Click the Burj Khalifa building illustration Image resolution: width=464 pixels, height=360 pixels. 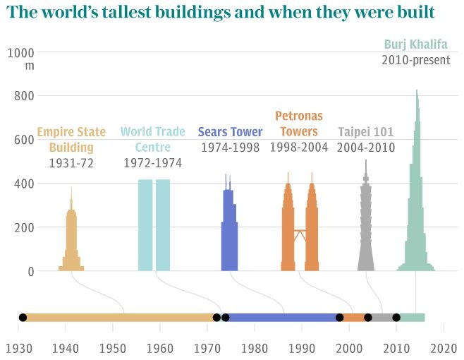coord(416,212)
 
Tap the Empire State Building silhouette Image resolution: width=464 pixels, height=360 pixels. coord(71,240)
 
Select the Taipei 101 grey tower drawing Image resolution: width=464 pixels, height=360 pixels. coord(365,226)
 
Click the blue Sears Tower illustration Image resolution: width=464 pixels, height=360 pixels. coord(228,233)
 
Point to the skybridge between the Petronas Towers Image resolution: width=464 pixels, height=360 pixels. coord(300,232)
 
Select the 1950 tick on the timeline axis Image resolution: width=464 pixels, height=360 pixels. coord(112,347)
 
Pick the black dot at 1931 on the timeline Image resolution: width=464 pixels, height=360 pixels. coord(23,318)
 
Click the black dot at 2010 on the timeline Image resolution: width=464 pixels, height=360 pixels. coord(396,318)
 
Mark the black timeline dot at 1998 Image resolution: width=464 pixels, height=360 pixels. coord(340,318)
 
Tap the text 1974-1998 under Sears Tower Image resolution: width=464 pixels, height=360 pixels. coord(230,148)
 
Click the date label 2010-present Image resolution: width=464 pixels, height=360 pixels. coord(415,60)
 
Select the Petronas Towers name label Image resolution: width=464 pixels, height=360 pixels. coord(299,123)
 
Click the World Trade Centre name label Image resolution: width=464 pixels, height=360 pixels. coord(152,139)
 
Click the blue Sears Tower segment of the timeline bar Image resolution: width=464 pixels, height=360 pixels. coord(282,318)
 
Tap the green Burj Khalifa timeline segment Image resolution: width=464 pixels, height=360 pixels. coord(413,318)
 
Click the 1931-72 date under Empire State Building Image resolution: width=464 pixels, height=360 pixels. coord(71,163)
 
